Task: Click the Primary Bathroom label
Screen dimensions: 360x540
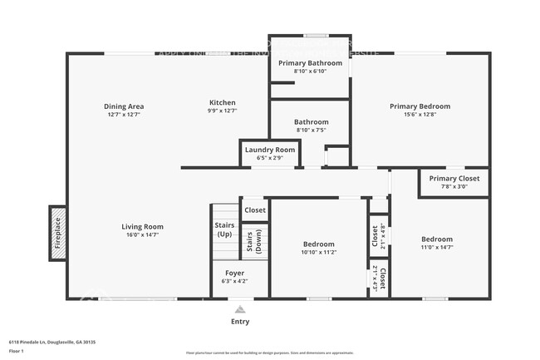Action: click(x=310, y=63)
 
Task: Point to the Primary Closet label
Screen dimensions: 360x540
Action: click(x=454, y=178)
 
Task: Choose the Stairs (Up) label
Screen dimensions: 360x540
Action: click(x=224, y=229)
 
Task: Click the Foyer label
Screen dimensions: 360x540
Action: click(x=234, y=273)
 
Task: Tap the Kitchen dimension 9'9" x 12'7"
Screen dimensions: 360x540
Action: click(x=222, y=111)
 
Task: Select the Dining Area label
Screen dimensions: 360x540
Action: click(x=124, y=106)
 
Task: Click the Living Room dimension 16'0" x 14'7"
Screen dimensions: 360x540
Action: click(x=142, y=235)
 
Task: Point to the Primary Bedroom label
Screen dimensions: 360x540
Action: click(x=420, y=106)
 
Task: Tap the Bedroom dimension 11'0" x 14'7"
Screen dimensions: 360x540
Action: click(x=437, y=248)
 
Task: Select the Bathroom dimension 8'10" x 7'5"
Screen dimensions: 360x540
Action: click(x=312, y=131)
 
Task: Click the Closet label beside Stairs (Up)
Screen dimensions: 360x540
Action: click(x=255, y=210)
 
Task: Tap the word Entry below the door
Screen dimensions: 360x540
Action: click(x=239, y=321)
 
